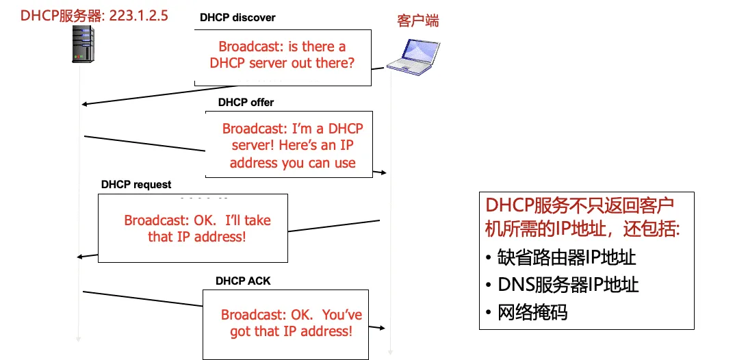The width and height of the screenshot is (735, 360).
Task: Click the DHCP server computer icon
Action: (82, 44)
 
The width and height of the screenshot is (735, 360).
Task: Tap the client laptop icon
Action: (410, 55)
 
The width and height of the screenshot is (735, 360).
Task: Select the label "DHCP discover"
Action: (237, 17)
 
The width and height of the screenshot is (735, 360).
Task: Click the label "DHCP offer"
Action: (246, 103)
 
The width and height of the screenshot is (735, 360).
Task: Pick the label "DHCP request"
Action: (136, 185)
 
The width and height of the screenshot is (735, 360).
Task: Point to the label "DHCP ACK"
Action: (243, 281)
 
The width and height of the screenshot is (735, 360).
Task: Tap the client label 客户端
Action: (417, 21)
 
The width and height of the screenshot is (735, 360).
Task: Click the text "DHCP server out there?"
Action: (282, 64)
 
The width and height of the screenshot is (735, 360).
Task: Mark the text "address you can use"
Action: (292, 163)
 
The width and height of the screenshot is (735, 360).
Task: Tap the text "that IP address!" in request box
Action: (196, 237)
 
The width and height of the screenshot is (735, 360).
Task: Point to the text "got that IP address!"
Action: (291, 332)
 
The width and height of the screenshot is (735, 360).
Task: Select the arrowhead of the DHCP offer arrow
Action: (384, 172)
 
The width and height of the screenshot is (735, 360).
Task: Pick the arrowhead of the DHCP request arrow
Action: (80, 257)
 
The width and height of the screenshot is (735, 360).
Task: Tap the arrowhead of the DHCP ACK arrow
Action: (384, 329)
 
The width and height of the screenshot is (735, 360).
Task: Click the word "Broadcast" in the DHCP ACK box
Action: (250, 316)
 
